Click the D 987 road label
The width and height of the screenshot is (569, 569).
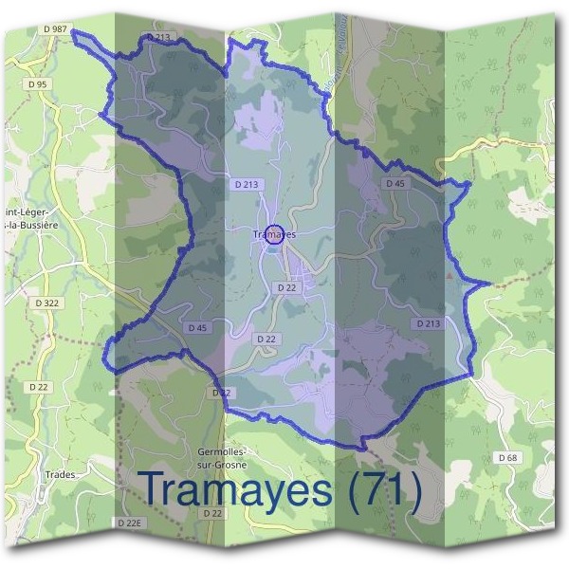pyautogui.click(x=55, y=29)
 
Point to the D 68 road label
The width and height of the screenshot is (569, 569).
pyautogui.click(x=507, y=458)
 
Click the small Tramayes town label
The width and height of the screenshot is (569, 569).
pyautogui.click(x=275, y=234)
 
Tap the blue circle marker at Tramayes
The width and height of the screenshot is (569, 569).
pyautogui.click(x=273, y=234)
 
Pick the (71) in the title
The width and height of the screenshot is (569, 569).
pyautogui.click(x=385, y=489)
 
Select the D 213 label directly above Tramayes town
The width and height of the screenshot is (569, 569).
pyautogui.click(x=244, y=183)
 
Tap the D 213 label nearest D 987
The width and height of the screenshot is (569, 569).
pyautogui.click(x=159, y=37)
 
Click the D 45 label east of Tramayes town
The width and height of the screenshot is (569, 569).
pyautogui.click(x=395, y=183)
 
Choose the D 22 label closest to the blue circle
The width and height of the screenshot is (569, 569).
pyautogui.click(x=286, y=286)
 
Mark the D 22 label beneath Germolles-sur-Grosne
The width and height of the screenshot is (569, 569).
pyautogui.click(x=212, y=513)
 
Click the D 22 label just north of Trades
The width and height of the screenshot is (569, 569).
pyautogui.click(x=39, y=387)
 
